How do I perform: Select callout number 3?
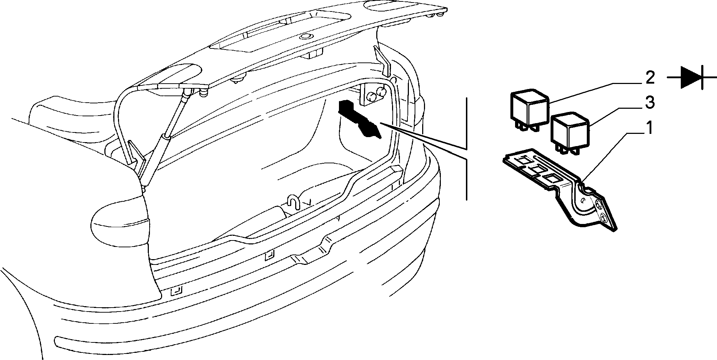tap(650, 103)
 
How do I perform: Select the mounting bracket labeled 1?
tap(560, 187)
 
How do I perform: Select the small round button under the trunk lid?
tap(306, 36)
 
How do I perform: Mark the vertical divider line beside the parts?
tap(466, 148)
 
